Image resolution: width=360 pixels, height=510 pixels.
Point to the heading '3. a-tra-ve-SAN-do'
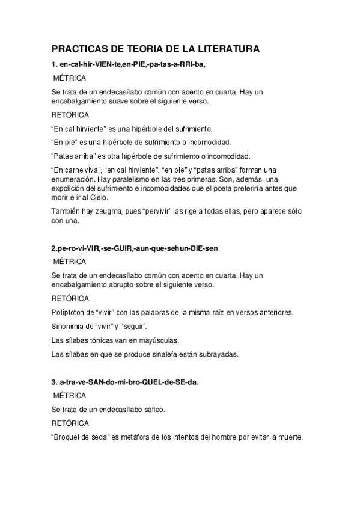coord(125,382)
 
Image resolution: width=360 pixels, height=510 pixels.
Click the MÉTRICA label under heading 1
coord(70,78)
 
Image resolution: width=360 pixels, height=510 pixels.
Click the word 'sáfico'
coord(153,410)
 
